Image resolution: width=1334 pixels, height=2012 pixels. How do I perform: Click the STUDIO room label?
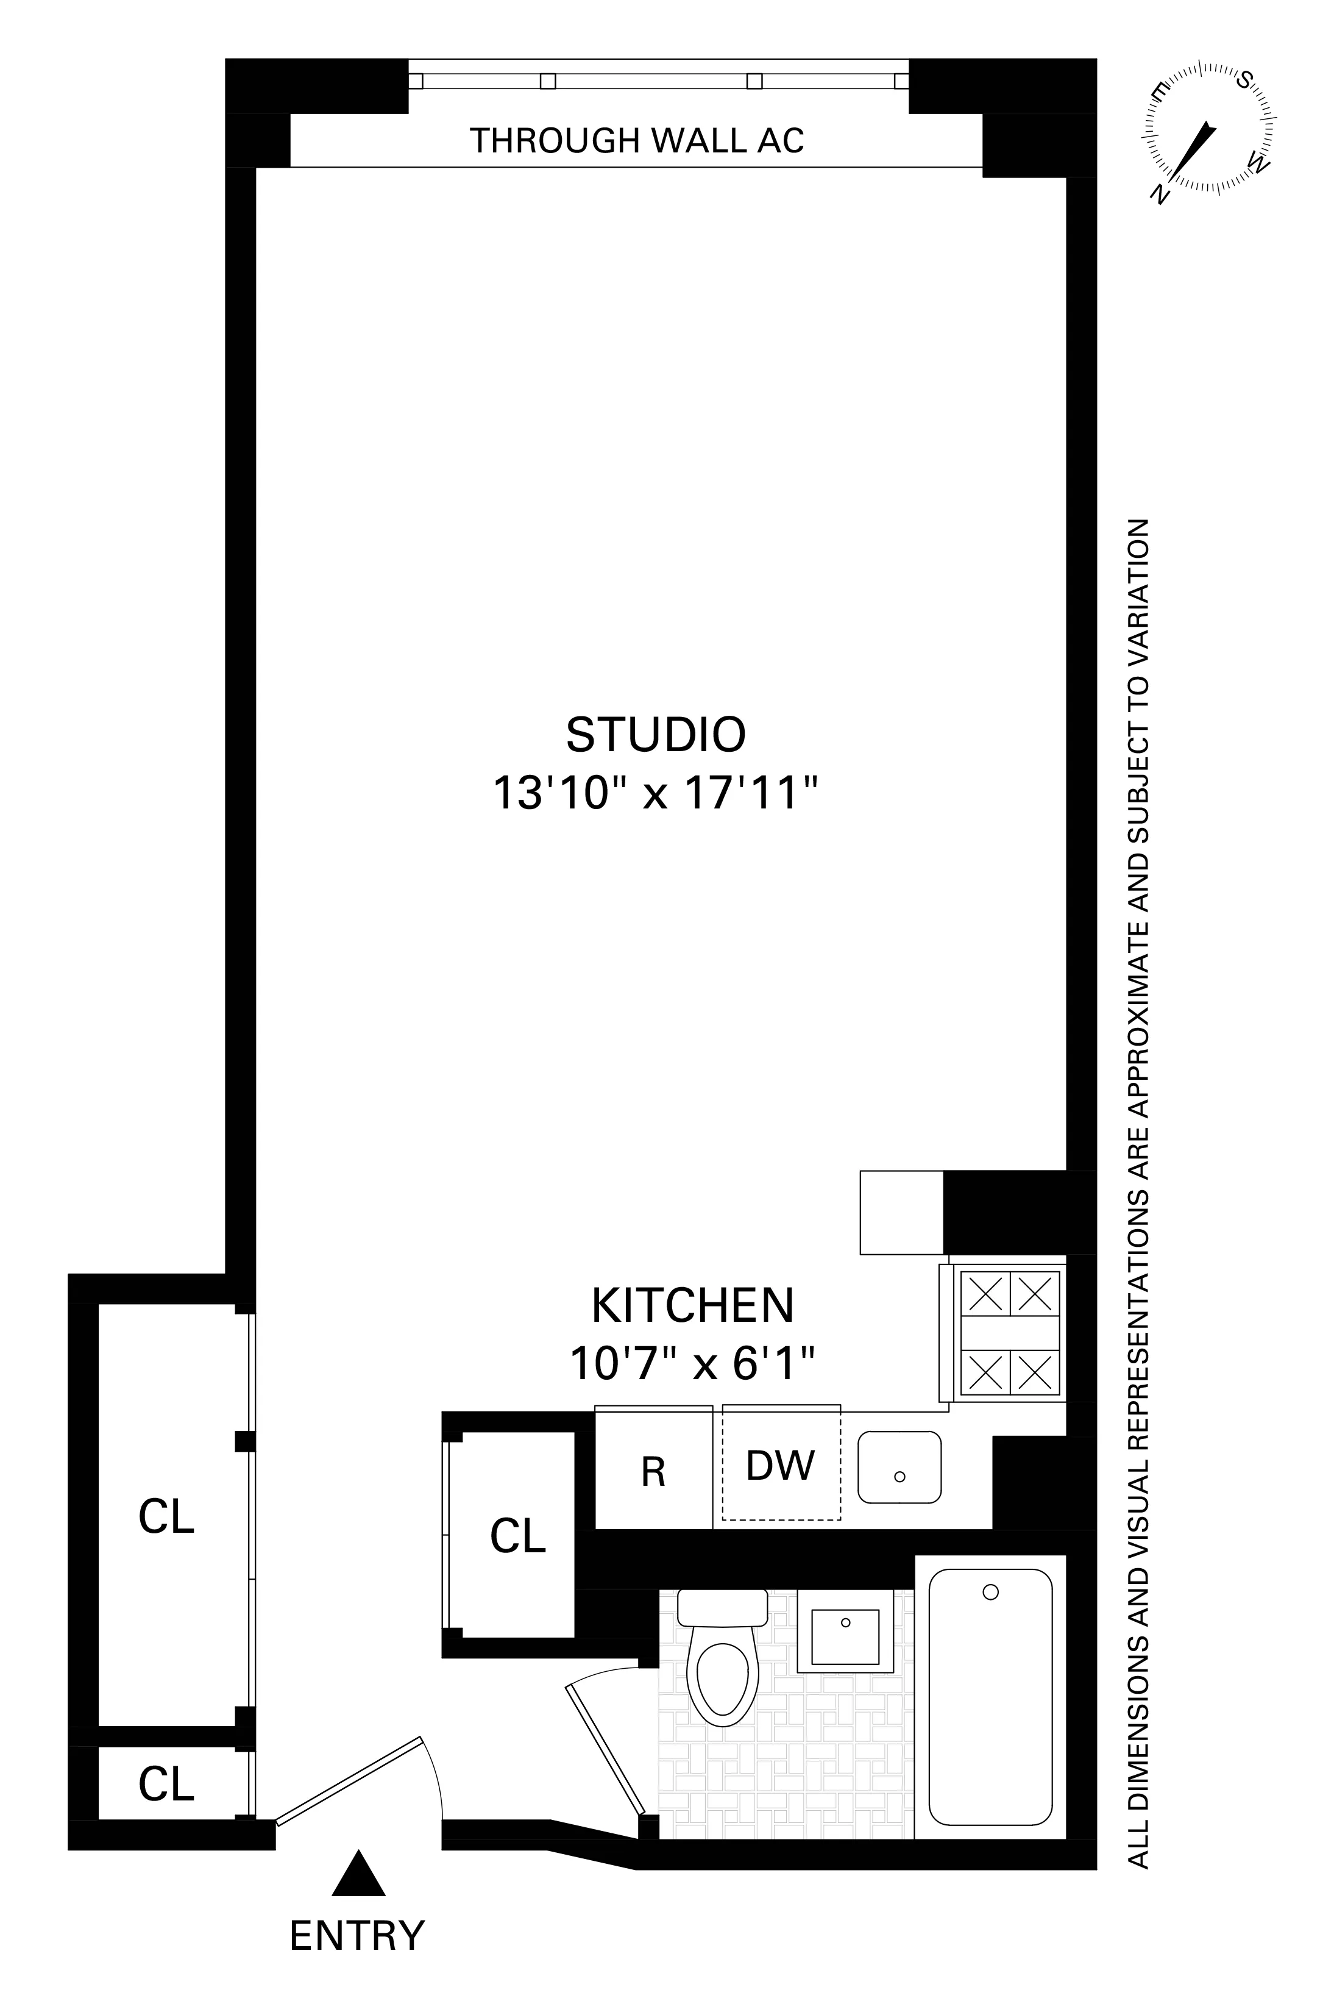(655, 735)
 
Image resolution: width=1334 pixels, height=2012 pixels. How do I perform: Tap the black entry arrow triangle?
(358, 1875)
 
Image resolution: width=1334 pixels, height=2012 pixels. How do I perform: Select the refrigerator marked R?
(653, 1472)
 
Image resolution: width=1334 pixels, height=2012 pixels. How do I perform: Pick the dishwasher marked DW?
(780, 1466)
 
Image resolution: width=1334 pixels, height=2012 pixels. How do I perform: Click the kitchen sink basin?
(899, 1466)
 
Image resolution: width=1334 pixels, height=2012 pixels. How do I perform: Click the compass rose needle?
(1195, 151)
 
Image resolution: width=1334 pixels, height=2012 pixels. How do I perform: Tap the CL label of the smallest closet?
(167, 1784)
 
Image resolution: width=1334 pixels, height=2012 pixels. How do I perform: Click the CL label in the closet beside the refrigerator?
(517, 1537)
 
